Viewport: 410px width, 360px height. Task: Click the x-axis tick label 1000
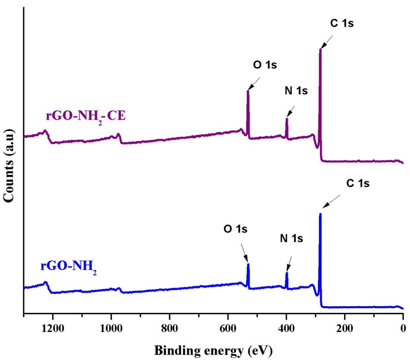(x=111, y=329)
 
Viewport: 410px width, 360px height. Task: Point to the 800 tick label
(x=169, y=329)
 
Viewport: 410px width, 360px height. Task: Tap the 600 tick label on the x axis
(x=228, y=329)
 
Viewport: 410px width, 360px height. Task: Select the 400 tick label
(x=286, y=329)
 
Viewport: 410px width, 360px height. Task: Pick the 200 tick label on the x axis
(x=344, y=329)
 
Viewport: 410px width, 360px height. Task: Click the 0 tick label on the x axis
(x=403, y=329)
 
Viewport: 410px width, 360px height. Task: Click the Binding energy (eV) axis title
(x=213, y=350)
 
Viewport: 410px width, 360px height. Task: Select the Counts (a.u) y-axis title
(x=9, y=166)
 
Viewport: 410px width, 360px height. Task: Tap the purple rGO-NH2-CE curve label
(x=85, y=116)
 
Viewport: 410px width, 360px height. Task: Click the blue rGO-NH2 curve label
(x=68, y=267)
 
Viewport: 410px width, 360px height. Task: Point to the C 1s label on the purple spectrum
(x=342, y=23)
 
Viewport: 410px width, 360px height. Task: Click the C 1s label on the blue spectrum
(x=358, y=183)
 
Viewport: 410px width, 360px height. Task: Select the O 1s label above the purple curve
(x=265, y=65)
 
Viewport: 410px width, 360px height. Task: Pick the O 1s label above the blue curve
(x=235, y=229)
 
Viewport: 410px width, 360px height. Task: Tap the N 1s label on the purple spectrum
(x=296, y=90)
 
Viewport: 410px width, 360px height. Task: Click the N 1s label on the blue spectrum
(x=291, y=238)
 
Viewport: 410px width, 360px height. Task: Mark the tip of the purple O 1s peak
(x=248, y=91)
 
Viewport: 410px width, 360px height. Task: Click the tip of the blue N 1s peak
(x=287, y=273)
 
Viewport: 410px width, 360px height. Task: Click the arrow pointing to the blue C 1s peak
(x=332, y=201)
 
